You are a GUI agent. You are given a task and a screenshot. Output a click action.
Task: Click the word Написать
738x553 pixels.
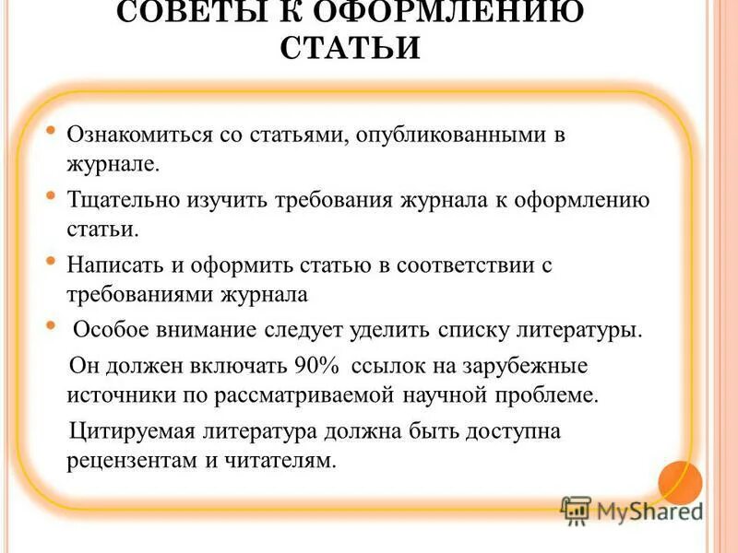point(114,265)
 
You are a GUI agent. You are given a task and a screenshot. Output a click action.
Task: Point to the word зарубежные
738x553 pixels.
point(537,364)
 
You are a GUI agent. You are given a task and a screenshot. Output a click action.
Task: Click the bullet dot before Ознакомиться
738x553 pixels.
point(52,132)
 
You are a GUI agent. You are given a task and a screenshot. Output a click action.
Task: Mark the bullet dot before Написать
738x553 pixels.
point(52,262)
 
